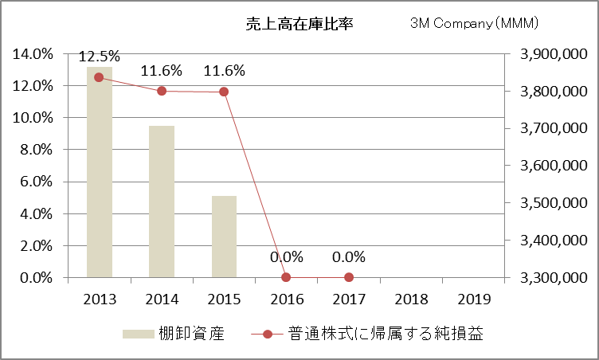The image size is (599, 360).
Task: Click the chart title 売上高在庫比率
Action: tap(299, 24)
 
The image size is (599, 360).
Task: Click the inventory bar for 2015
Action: tap(224, 237)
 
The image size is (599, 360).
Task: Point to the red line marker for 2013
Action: tap(99, 77)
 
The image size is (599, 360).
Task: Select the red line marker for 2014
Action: tap(161, 91)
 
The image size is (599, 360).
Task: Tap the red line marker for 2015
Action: tap(224, 92)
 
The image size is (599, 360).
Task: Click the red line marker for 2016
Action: tap(286, 277)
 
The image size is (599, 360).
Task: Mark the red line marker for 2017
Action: tap(349, 277)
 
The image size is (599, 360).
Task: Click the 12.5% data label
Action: tap(99, 57)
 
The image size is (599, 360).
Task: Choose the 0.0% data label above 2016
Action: tap(286, 257)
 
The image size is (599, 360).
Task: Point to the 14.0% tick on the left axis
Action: tap(33, 53)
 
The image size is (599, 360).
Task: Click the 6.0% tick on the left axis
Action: tap(36, 182)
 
